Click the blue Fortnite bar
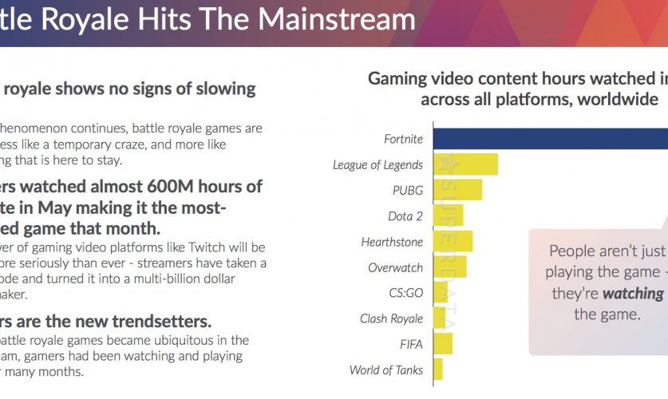550,139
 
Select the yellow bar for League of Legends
465,164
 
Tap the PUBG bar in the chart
457,190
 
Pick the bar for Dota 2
448,215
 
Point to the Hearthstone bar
453,241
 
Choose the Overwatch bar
449,267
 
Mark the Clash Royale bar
439,318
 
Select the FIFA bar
443,344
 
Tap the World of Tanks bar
437,369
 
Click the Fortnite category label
403,139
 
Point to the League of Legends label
377,165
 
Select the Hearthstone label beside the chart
392,242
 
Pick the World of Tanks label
385,370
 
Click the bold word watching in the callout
633,293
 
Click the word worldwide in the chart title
611,100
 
